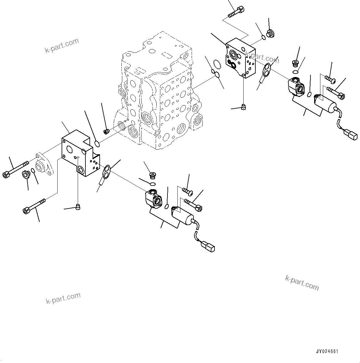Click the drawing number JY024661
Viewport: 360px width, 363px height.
[x=327, y=352]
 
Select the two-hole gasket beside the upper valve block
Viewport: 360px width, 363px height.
[x=266, y=70]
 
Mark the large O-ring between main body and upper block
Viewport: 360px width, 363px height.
[x=217, y=65]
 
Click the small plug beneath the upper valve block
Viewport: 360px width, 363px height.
[x=244, y=107]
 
